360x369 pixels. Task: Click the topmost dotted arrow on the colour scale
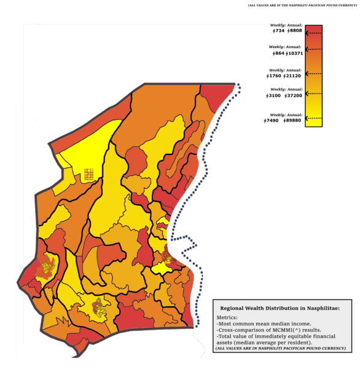(x=313, y=35)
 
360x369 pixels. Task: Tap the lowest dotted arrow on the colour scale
(x=313, y=116)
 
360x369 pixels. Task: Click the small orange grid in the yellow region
(x=88, y=174)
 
